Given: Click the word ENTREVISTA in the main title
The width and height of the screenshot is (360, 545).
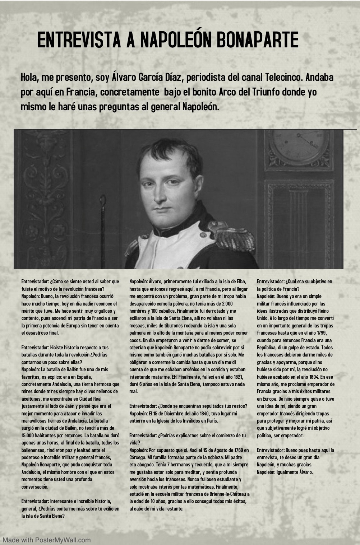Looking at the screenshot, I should (x=79, y=40).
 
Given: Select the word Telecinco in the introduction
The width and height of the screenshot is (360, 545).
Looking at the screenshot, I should (x=282, y=77).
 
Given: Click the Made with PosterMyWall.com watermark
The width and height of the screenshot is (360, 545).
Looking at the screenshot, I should (x=47, y=540).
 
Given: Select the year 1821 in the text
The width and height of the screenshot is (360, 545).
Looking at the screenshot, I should (x=237, y=377).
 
